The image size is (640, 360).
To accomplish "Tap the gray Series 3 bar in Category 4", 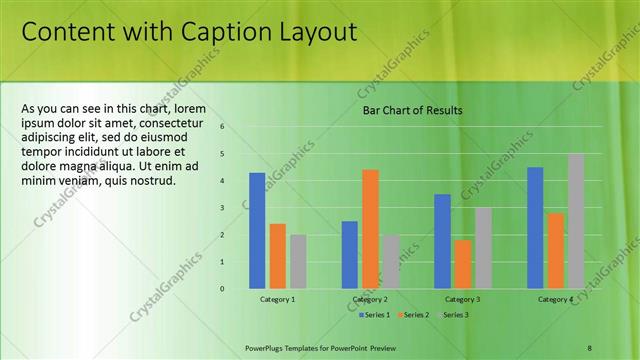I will pos(576,221).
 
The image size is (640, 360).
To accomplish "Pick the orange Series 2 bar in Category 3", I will pos(463,264).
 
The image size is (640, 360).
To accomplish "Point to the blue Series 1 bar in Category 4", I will pos(535,228).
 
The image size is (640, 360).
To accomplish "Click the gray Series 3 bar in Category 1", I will pos(298,262).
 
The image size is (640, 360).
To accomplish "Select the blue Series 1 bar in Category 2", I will pos(349,255).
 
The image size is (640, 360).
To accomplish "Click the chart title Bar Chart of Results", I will pos(412,110).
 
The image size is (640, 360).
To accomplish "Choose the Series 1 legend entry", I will pos(373,315).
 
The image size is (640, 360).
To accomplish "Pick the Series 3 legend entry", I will pos(452,315).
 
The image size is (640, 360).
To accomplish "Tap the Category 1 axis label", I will pos(277,299).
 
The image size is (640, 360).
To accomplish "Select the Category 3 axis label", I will pos(462,299).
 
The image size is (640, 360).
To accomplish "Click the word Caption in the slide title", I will pos(224,32).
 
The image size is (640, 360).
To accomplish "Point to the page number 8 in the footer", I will pos(590,346).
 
